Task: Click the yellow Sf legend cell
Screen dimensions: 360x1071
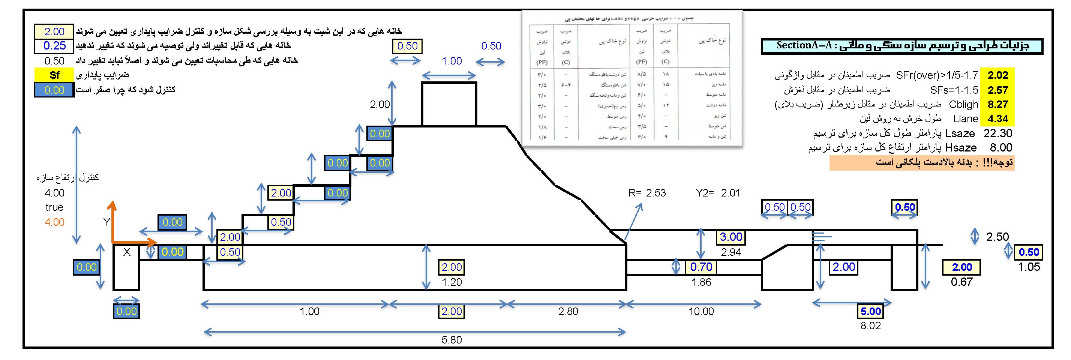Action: coord(54,75)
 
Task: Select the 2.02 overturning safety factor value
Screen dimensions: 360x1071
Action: coord(997,75)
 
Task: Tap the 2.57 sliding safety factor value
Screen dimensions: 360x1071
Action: coord(997,90)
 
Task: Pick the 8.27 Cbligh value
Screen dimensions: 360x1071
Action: coord(997,104)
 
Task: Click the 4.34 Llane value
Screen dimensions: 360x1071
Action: coord(997,119)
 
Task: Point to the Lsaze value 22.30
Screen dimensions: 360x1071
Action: coord(997,133)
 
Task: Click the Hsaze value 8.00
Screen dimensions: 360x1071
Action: coord(1001,148)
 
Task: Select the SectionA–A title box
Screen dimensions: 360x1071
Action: coord(902,46)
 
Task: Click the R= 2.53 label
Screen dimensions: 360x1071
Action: coord(647,193)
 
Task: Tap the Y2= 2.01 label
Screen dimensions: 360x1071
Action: coord(718,193)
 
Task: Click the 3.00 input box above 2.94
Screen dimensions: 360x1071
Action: coord(731,237)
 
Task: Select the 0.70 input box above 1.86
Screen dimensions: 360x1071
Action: coord(701,267)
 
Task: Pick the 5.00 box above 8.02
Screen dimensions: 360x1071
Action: coord(871,311)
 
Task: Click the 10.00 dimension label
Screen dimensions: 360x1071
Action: coord(701,311)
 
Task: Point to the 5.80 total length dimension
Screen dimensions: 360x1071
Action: coord(451,340)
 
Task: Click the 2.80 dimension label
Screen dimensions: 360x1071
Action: coord(568,311)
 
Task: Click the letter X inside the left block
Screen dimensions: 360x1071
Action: coord(127,252)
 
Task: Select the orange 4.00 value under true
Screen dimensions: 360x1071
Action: coord(54,222)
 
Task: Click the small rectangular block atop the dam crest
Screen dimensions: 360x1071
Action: coord(448,104)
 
